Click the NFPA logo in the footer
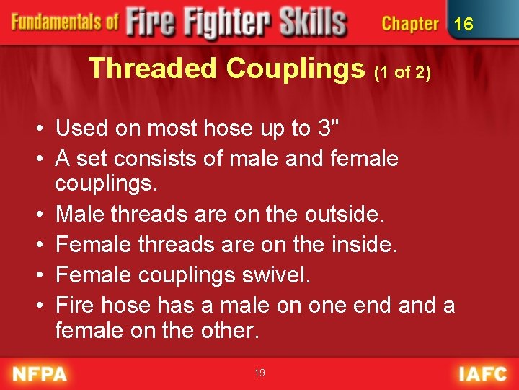pos(40,374)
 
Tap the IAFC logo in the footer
pos(484,374)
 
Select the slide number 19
pos(259,373)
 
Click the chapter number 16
pos(463,24)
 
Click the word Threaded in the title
pos(152,69)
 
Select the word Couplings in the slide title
pos(296,69)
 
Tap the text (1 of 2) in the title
pos(403,73)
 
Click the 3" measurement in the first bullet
pos(326,129)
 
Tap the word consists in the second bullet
pos(183,157)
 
